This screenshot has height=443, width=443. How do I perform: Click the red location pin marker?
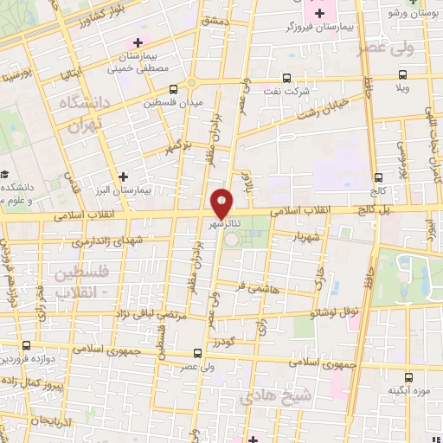click(x=222, y=202)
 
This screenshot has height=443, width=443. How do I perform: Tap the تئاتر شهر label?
click(x=223, y=224)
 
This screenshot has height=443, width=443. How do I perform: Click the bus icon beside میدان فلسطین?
click(x=175, y=89)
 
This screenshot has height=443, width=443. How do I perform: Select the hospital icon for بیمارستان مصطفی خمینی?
click(x=136, y=42)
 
